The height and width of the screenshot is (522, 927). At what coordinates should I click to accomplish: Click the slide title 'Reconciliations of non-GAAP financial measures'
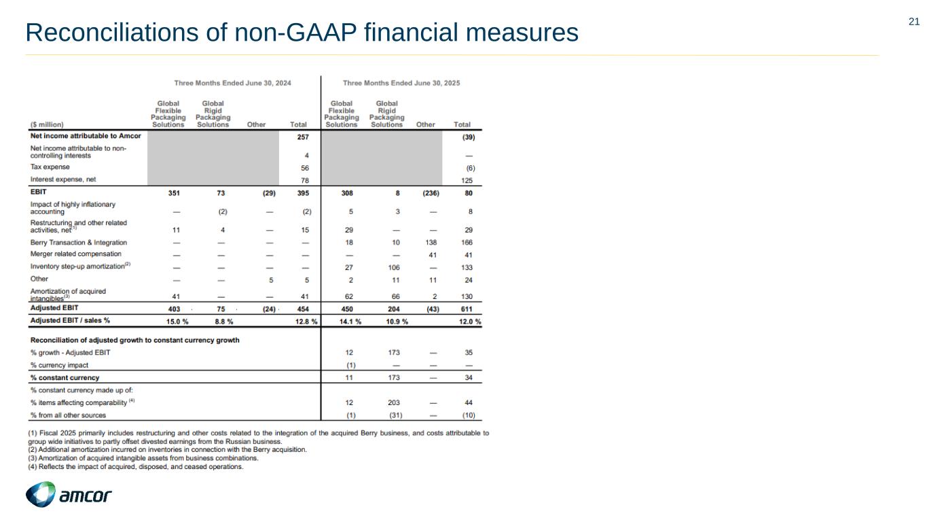[302, 32]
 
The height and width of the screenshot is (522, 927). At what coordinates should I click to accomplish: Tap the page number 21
[914, 22]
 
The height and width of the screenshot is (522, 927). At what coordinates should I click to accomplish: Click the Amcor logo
[69, 495]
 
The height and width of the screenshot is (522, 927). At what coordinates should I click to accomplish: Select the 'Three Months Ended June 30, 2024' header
[232, 84]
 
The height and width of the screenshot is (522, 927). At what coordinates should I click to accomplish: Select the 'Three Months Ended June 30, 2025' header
[401, 84]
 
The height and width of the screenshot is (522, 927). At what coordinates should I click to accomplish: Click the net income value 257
[304, 137]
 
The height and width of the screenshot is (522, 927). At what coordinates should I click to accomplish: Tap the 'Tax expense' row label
[50, 167]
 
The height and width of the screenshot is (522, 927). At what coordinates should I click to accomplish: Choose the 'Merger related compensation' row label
[76, 254]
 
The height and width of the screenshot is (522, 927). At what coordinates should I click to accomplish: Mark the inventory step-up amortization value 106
[392, 267]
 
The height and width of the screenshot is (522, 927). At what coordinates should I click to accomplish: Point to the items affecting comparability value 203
[392, 402]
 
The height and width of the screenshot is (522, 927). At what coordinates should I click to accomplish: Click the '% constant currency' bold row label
[65, 377]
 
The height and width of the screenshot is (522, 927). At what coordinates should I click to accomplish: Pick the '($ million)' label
[48, 124]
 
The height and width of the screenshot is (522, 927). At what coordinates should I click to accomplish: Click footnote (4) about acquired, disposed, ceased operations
[136, 467]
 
